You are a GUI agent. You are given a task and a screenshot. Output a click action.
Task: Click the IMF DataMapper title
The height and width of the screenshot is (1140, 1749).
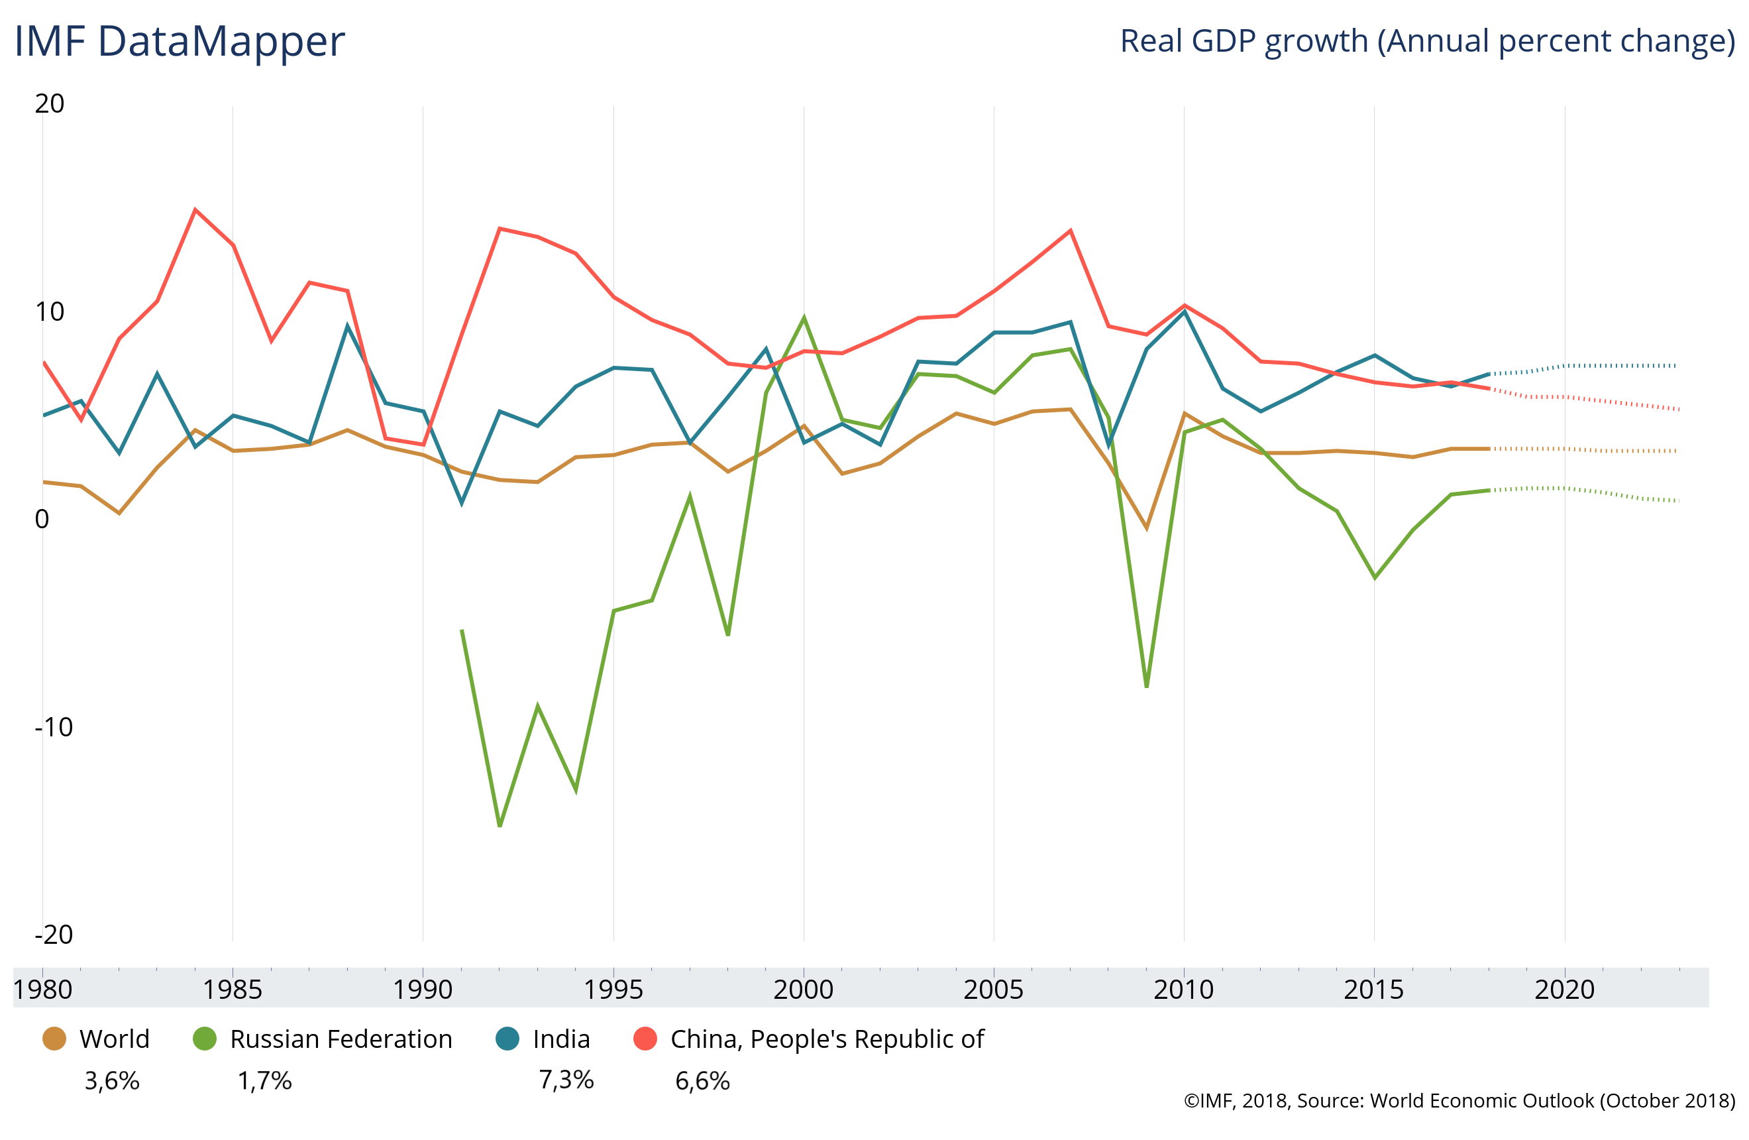coord(180,41)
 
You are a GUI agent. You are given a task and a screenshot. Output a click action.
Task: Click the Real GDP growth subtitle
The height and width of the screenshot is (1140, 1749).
coord(1426,41)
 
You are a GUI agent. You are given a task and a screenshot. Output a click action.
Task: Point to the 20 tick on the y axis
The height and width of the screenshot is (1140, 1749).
coord(49,103)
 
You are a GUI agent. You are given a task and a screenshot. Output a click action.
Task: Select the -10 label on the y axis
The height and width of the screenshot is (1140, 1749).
coord(54,727)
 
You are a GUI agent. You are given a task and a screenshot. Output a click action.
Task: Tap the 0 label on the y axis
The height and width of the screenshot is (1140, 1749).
coord(42,519)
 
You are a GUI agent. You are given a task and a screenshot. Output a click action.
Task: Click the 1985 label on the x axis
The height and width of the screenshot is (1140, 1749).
coord(233,990)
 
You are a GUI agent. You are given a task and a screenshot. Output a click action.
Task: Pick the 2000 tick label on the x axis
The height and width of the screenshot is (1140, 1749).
coord(803,990)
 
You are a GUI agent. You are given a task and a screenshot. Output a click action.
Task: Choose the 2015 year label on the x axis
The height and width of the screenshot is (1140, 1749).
coord(1373,990)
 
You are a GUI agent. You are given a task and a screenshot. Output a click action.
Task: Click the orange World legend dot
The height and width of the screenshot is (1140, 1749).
coord(54,1039)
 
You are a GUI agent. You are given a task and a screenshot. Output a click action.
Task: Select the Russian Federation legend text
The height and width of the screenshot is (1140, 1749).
coord(341,1039)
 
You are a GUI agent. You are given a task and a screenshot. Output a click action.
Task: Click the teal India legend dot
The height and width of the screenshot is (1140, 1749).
coord(507,1039)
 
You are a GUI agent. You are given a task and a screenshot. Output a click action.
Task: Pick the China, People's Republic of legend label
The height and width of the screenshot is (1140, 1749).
coord(827,1039)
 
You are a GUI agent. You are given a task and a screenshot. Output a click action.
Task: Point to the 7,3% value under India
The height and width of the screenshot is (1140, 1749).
coord(566,1079)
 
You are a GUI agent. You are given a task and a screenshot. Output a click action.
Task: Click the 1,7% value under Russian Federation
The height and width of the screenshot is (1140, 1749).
coord(264,1080)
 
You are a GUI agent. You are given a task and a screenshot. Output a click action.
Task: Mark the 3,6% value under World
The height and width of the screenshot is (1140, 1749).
coord(112,1080)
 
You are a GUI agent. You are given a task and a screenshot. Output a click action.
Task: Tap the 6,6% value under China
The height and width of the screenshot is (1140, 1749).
coord(702,1080)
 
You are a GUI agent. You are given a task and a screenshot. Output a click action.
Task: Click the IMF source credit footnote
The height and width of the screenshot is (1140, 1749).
coord(1459,1100)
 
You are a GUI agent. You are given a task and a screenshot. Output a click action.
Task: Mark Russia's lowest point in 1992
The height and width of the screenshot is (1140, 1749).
coord(500,825)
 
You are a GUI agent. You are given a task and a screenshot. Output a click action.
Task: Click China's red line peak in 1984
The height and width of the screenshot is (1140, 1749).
coord(195,209)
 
